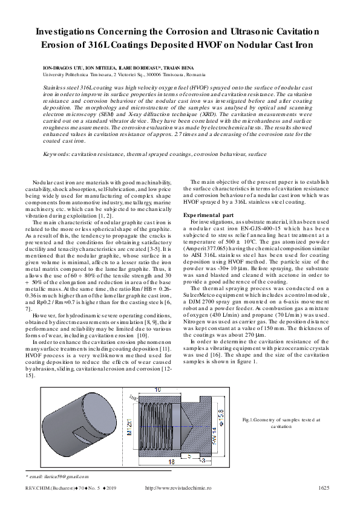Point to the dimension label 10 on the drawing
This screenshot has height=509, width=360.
[157, 389]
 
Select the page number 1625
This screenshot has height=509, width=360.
[323, 488]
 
